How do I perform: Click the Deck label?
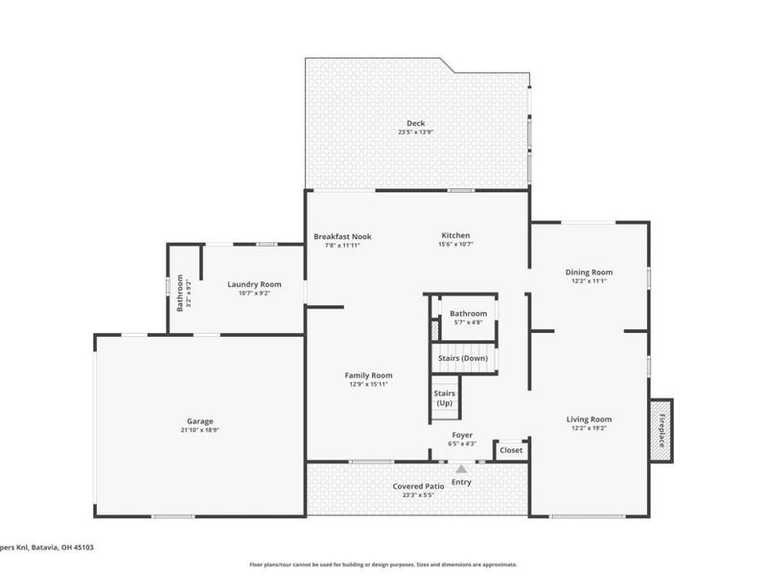(x=415, y=123)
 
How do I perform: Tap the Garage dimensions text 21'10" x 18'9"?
(x=200, y=431)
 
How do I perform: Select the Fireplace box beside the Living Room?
(x=661, y=430)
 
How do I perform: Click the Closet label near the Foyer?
(x=511, y=449)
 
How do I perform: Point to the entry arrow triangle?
(x=461, y=469)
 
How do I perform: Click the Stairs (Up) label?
(x=445, y=397)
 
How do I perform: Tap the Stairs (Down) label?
(x=463, y=358)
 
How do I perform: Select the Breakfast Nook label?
(x=342, y=236)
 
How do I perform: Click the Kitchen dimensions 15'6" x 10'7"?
(x=455, y=244)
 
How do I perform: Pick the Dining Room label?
(x=589, y=272)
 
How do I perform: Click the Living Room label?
(x=589, y=419)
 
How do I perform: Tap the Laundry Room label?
(x=254, y=284)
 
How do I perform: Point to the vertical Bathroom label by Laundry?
(x=179, y=293)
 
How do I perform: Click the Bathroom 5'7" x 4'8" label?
(x=469, y=314)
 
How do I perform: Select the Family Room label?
(x=369, y=375)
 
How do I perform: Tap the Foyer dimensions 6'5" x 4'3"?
(x=462, y=444)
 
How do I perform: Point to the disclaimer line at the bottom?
(x=383, y=564)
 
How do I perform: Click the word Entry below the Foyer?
(x=461, y=482)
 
